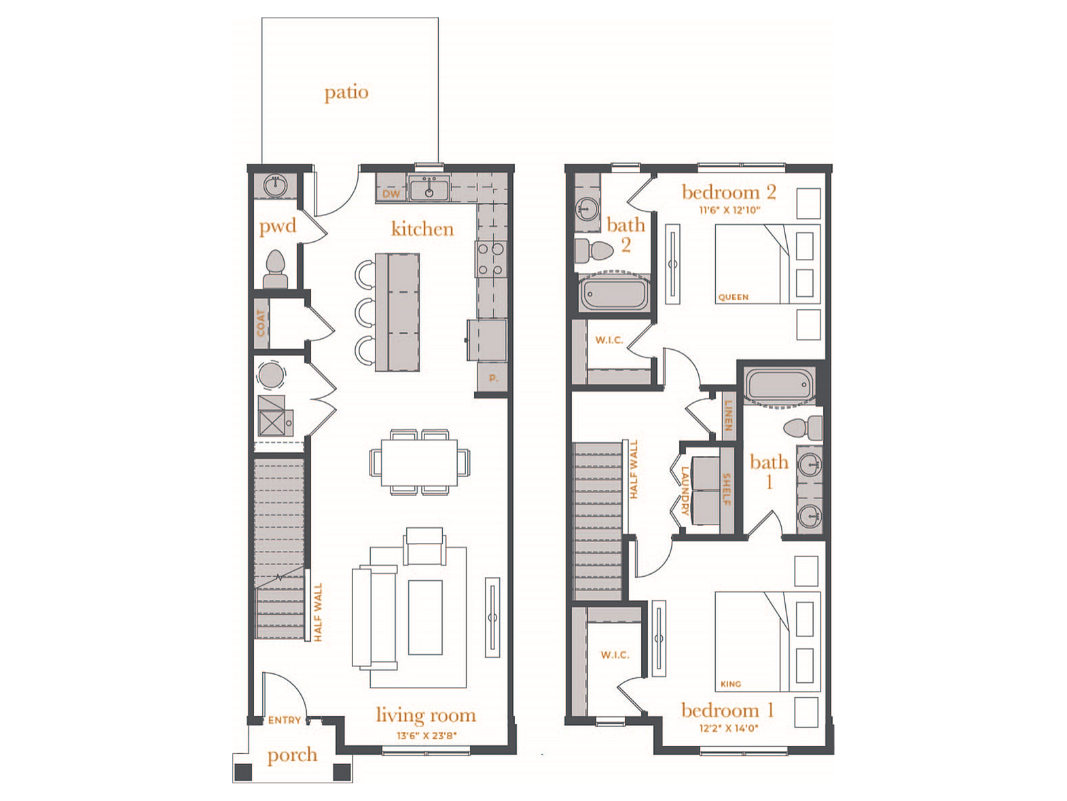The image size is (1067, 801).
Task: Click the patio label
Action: [346, 92]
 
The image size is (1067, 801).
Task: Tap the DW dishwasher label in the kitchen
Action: [391, 194]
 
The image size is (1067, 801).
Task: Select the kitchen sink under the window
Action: [429, 189]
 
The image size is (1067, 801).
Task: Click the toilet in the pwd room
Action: [276, 269]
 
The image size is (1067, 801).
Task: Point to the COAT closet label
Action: [261, 323]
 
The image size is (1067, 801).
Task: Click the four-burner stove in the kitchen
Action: [491, 259]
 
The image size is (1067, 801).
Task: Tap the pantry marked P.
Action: [492, 378]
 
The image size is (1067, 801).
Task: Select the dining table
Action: [419, 462]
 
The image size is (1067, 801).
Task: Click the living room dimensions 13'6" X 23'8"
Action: [427, 735]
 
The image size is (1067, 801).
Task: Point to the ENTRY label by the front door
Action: [285, 720]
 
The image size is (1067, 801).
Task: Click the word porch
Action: [292, 755]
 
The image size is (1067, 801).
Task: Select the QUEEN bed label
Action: [733, 297]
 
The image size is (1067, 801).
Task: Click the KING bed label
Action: [731, 684]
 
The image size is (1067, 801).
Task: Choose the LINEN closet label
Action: [727, 415]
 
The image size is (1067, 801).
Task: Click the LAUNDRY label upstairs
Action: [685, 491]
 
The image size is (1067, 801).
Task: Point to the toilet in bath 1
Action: [803, 428]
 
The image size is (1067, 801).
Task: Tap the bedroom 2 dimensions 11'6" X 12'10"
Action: [729, 210]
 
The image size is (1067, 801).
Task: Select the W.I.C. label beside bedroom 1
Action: [615, 655]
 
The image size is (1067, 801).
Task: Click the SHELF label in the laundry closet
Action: [727, 489]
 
